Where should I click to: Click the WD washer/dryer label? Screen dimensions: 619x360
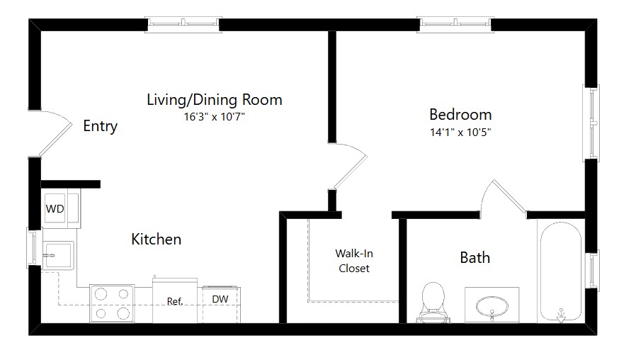point(55,208)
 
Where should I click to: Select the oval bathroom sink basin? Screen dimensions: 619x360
point(492,306)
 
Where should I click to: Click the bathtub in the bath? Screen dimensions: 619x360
point(561,272)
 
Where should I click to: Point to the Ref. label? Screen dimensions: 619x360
point(175,301)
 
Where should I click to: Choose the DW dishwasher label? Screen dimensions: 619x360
point(220,299)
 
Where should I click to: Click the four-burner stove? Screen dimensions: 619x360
point(112,303)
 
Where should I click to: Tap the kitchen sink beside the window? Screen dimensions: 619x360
point(58,255)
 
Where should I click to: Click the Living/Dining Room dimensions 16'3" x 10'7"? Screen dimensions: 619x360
point(215,117)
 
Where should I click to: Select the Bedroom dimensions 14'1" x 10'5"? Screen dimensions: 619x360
point(460,132)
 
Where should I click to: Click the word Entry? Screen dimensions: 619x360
point(101,126)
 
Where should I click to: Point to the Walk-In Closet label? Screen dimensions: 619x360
point(354,261)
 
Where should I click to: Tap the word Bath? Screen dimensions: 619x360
point(475,258)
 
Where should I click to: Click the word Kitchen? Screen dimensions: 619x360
point(156,239)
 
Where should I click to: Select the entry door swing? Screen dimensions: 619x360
point(56,133)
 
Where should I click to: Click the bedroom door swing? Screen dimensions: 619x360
point(351,166)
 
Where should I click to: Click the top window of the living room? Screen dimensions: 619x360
point(183,25)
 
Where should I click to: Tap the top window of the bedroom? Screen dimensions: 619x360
point(455,25)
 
